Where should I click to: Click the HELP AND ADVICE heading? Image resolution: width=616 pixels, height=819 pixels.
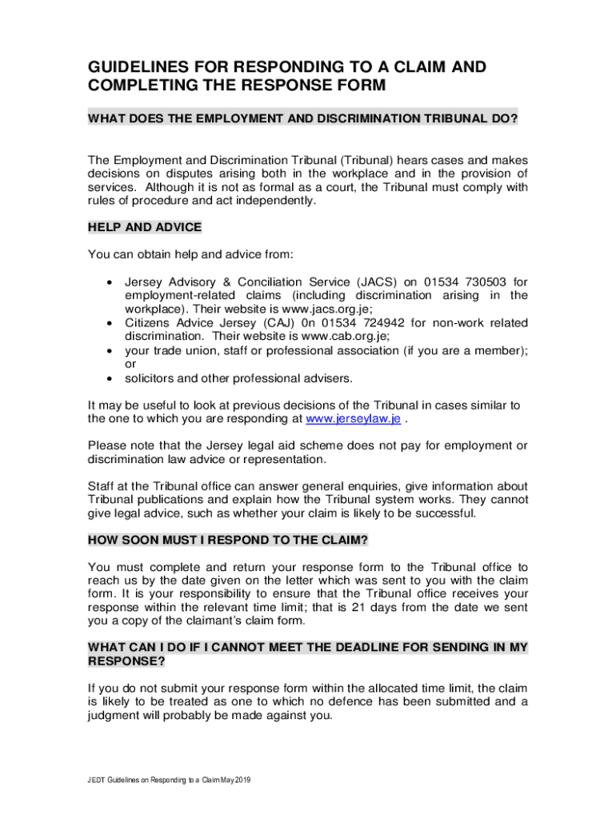pyautogui.click(x=145, y=227)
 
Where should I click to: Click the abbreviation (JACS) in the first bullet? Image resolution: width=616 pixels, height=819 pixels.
pyautogui.click(x=342, y=282)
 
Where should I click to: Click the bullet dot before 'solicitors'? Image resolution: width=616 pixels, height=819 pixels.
pyautogui.click(x=108, y=378)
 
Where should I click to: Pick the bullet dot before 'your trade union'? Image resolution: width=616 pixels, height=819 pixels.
pyautogui.click(x=108, y=350)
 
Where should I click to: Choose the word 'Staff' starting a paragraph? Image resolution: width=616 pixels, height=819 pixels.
pyautogui.click(x=103, y=486)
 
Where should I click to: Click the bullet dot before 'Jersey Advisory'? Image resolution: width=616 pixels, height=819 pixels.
pyautogui.click(x=108, y=282)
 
